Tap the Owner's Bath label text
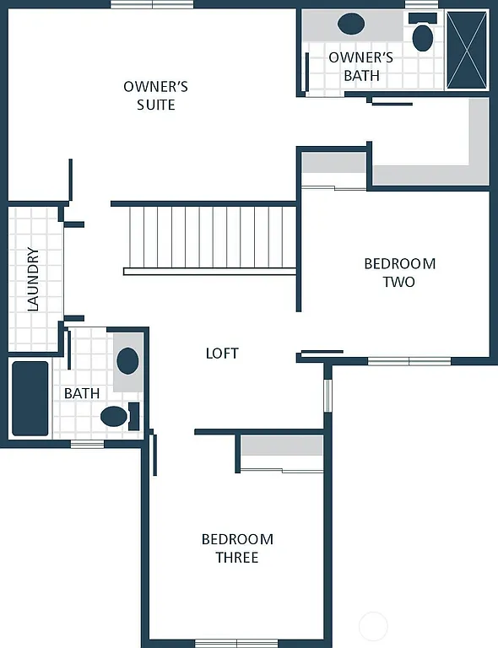click(x=360, y=67)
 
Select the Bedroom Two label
click(x=399, y=273)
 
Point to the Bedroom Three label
click(x=237, y=548)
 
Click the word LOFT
click(x=222, y=354)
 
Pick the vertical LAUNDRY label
click(x=34, y=278)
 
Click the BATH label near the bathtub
click(x=82, y=393)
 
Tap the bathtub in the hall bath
click(x=30, y=398)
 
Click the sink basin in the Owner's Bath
click(x=351, y=24)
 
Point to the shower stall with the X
click(x=468, y=50)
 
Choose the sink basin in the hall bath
click(x=127, y=361)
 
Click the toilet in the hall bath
click(x=115, y=415)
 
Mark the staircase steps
click(x=211, y=236)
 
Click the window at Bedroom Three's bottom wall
click(x=236, y=643)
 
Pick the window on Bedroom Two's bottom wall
click(x=409, y=361)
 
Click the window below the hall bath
click(x=87, y=444)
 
